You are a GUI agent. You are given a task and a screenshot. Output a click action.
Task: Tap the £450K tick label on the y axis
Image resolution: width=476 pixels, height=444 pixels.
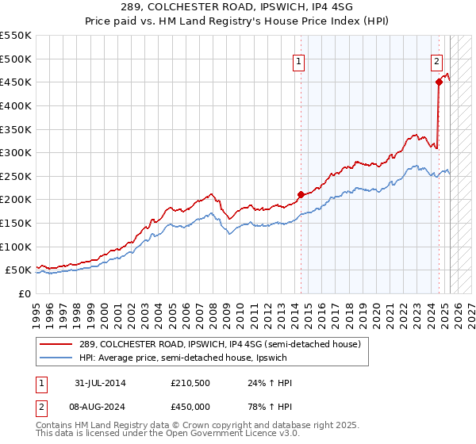(16, 82)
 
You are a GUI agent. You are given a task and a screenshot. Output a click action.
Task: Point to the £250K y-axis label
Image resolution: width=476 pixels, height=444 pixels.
(16, 176)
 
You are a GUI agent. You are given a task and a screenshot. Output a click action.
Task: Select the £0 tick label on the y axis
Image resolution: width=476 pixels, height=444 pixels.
(25, 294)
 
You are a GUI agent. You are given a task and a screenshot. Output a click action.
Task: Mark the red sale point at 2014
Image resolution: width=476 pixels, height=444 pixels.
(301, 194)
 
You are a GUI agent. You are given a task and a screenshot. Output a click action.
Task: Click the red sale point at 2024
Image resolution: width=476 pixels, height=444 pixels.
(439, 81)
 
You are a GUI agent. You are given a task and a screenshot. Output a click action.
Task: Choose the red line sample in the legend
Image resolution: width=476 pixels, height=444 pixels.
(57, 344)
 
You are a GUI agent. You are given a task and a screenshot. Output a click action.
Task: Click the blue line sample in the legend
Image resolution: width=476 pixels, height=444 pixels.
(57, 358)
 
